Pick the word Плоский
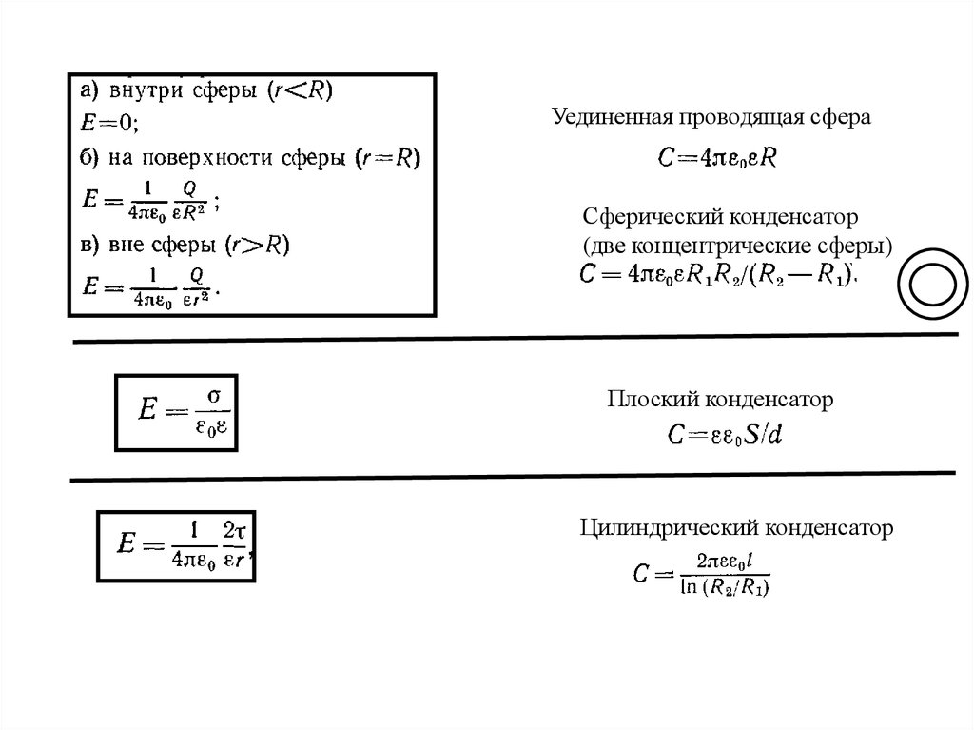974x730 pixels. pyautogui.click(x=646, y=400)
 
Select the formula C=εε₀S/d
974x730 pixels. pyautogui.click(x=724, y=435)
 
